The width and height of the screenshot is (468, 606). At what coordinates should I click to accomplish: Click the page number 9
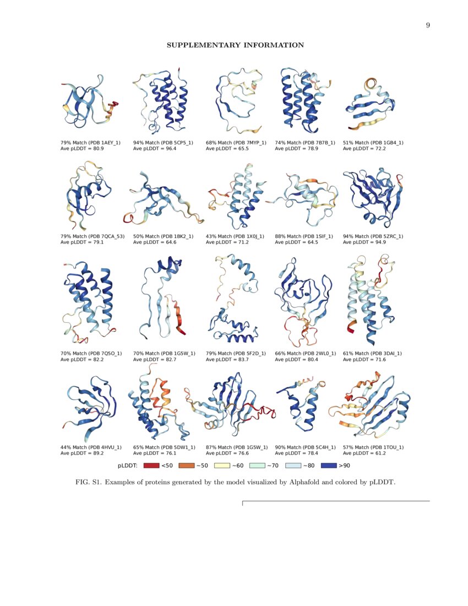click(428, 25)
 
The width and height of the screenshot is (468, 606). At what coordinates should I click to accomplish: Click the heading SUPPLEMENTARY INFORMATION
click(235, 45)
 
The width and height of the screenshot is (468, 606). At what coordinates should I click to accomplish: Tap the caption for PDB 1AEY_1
click(90, 143)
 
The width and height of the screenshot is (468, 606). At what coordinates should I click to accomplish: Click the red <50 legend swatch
click(151, 466)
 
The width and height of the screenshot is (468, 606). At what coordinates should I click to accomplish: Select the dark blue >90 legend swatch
click(328, 466)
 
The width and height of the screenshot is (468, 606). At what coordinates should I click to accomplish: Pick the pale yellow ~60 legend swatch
click(222, 466)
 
